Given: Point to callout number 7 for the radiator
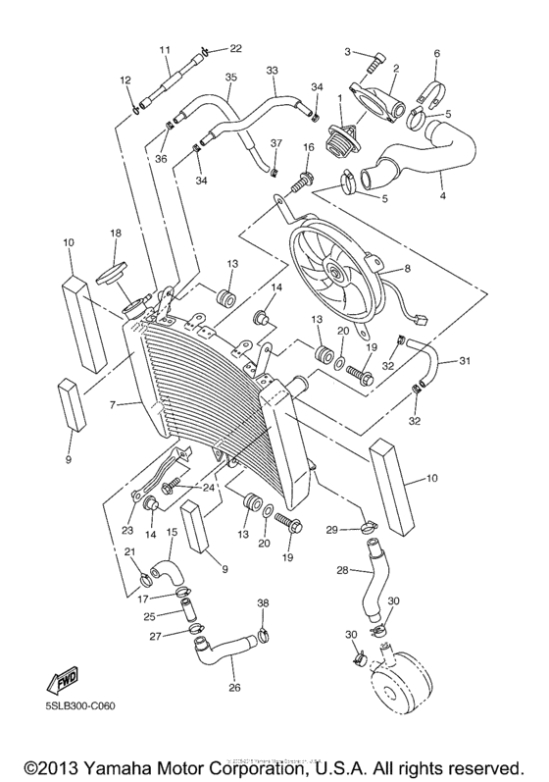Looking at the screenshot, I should click(115, 403).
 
